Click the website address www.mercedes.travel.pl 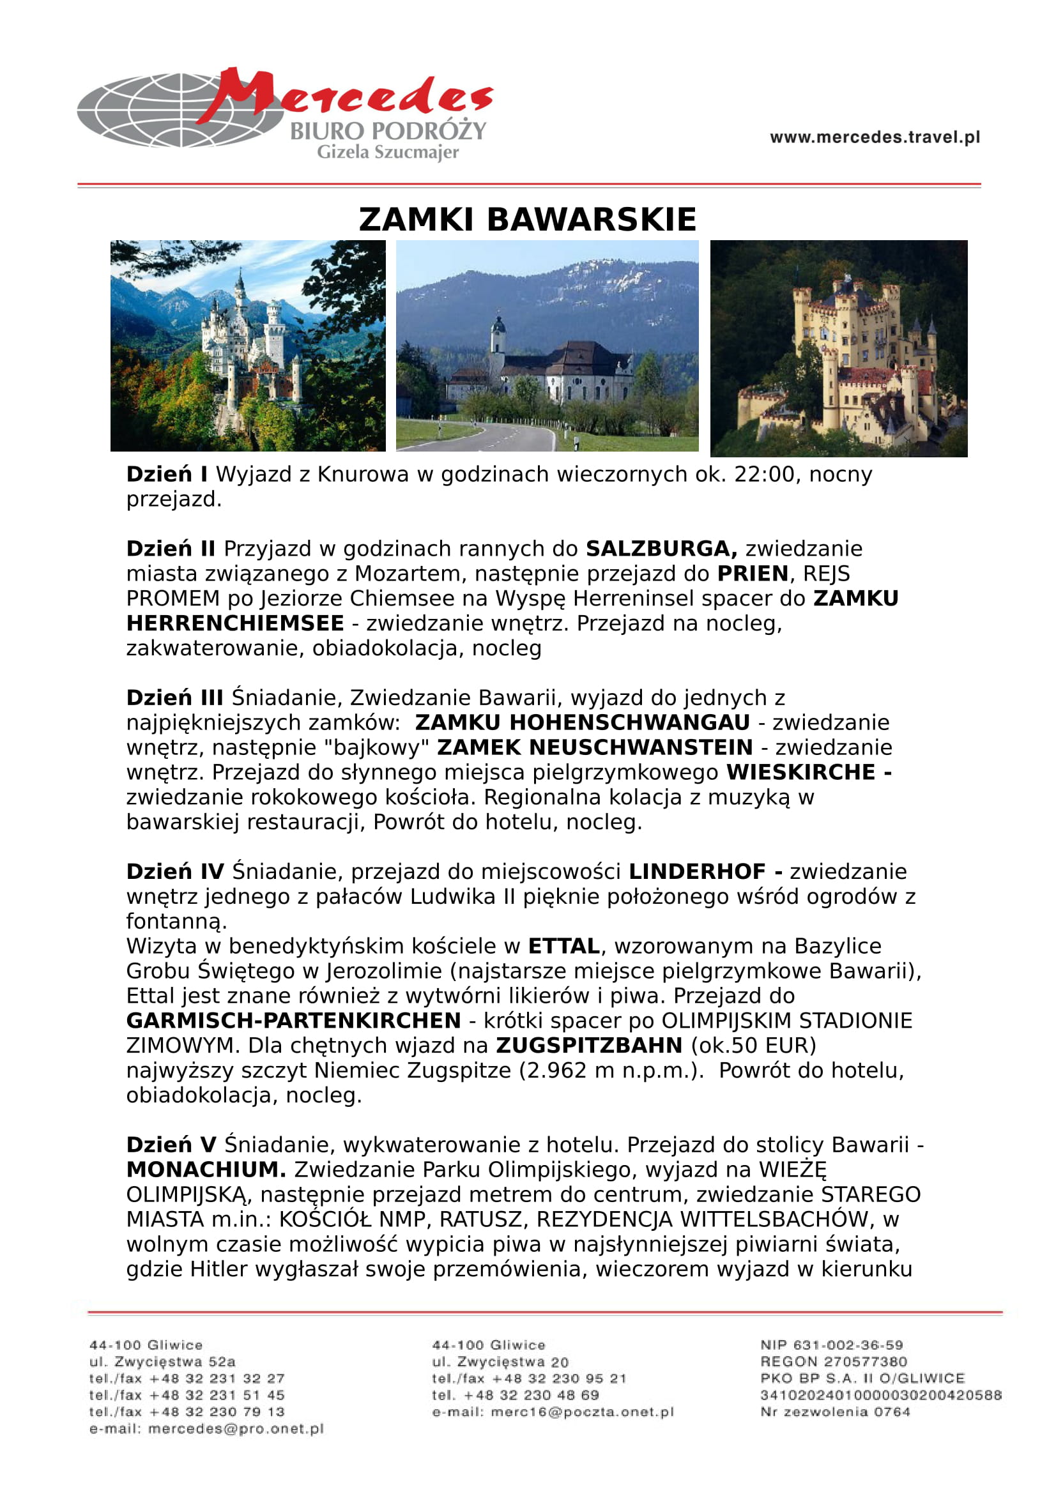(x=875, y=137)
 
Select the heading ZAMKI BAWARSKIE (x=528, y=219)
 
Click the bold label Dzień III (x=174, y=697)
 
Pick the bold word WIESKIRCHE (x=801, y=772)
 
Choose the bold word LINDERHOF (x=697, y=871)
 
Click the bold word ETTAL (x=563, y=945)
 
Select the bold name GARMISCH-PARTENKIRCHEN (x=293, y=1020)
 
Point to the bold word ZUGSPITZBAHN (x=589, y=1045)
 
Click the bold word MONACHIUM (x=206, y=1170)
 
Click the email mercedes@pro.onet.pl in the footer (x=236, y=1429)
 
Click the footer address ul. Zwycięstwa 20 (x=500, y=1362)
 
